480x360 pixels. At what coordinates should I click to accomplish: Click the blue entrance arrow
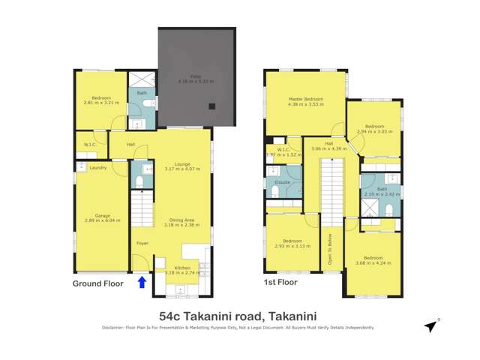coord(142,283)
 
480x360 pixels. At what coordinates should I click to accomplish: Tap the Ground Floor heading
coord(97,283)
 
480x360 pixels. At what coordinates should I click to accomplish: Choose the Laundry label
coord(97,167)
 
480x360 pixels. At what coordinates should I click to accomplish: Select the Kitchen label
coord(183,267)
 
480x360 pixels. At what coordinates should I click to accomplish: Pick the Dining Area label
coord(182,219)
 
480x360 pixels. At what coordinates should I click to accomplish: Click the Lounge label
coord(182,163)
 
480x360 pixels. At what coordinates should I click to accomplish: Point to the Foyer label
coord(142,243)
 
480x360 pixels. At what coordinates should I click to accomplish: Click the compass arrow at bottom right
coord(430,326)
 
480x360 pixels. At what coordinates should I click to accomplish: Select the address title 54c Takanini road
coord(239,316)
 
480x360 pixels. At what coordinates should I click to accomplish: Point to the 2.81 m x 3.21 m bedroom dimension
coord(100,102)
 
